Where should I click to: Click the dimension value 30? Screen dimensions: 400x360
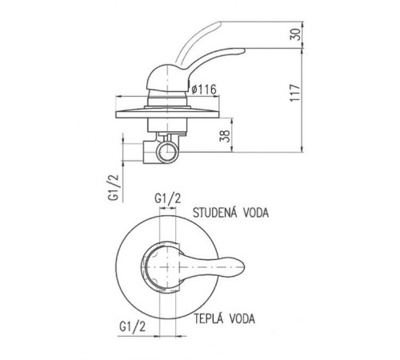tap(295, 34)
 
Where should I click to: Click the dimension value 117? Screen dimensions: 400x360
tap(295, 93)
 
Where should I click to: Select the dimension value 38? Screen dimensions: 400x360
tap(225, 136)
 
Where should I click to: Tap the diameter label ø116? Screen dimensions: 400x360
tap(204, 90)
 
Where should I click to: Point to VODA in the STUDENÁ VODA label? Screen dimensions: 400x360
tap(256, 213)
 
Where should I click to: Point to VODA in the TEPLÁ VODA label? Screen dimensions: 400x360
tap(242, 318)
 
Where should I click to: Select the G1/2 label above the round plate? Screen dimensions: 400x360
tap(168, 198)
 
